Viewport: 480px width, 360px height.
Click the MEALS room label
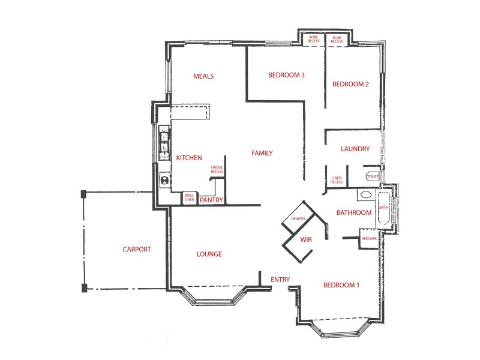click(x=203, y=76)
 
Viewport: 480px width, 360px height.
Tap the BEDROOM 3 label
click(x=286, y=75)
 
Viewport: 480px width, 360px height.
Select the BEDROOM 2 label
click(x=350, y=84)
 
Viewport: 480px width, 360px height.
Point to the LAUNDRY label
click(x=355, y=149)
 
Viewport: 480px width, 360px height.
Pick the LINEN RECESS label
click(x=337, y=181)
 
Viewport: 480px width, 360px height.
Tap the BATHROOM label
click(x=353, y=212)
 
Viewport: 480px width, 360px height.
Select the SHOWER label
click(x=369, y=238)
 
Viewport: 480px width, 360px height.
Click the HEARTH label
click(x=298, y=219)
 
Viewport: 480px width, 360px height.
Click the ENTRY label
click(x=280, y=280)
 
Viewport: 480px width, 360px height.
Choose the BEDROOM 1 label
click(x=341, y=285)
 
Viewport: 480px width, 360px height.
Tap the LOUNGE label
click(x=209, y=254)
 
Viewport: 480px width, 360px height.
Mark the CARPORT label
click(x=137, y=250)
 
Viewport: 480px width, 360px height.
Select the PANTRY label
click(x=211, y=200)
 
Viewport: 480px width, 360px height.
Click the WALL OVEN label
click(x=189, y=197)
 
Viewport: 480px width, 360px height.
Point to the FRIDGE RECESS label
click(x=217, y=169)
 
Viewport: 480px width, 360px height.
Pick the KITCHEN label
click(x=188, y=157)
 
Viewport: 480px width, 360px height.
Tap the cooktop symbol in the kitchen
click(x=164, y=179)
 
